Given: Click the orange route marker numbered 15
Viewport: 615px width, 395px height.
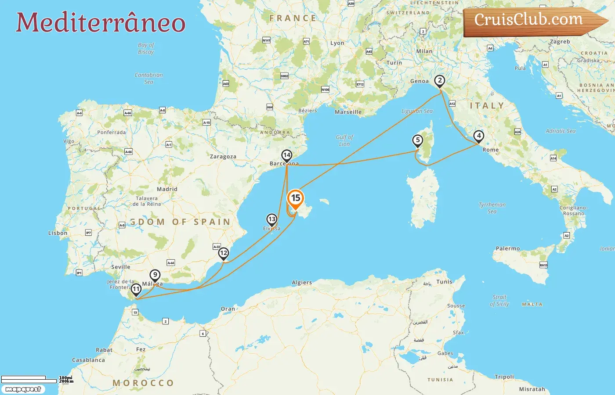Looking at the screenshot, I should coord(296,198).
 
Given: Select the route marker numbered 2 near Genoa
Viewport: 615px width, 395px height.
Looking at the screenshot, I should coord(439,81).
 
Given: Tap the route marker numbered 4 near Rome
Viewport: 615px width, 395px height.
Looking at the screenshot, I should coord(479,136).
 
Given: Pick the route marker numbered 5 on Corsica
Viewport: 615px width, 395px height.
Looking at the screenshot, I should coord(417,140).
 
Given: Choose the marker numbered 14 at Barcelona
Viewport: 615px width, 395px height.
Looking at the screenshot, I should coord(287,155).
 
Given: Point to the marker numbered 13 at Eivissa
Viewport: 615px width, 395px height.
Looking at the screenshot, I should coord(272,219).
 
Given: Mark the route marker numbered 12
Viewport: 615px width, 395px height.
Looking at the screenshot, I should coord(224,253).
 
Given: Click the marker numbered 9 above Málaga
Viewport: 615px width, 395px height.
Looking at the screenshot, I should coord(155,275).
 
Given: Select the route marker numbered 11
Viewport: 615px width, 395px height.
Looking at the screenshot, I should coord(136,289).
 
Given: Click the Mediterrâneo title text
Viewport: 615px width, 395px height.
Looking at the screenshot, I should coord(101,22).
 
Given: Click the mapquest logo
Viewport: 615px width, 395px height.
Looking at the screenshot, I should coord(23,389).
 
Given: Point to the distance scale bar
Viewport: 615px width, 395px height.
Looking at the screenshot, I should coord(29,379).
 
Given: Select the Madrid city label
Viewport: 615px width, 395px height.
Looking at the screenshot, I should coord(167,189).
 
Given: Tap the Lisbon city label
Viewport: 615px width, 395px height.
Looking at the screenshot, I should coord(58,233).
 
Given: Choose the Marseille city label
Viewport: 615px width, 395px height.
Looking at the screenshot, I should coord(348,112).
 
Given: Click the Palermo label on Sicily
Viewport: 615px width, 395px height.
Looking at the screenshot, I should coord(507,248).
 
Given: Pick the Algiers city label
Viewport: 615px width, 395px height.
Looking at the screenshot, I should coord(302,283).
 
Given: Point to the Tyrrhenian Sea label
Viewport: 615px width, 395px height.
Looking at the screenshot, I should coord(492,208).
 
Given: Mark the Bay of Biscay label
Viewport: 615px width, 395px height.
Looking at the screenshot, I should coord(146,48).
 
